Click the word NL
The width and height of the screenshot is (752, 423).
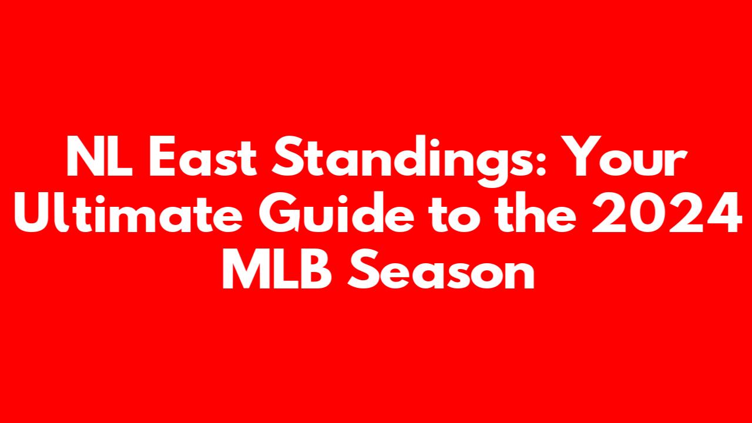(x=99, y=156)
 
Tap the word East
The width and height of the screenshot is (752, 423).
(x=203, y=156)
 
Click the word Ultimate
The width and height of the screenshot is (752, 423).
(x=128, y=212)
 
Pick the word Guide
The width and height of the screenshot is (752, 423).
(x=336, y=212)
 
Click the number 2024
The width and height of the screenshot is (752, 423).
(x=666, y=212)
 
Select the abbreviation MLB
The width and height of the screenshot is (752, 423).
(x=277, y=268)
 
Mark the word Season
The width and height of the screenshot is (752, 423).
(x=441, y=268)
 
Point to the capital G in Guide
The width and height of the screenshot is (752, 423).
(x=279, y=213)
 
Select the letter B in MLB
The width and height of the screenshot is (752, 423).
(x=316, y=268)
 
